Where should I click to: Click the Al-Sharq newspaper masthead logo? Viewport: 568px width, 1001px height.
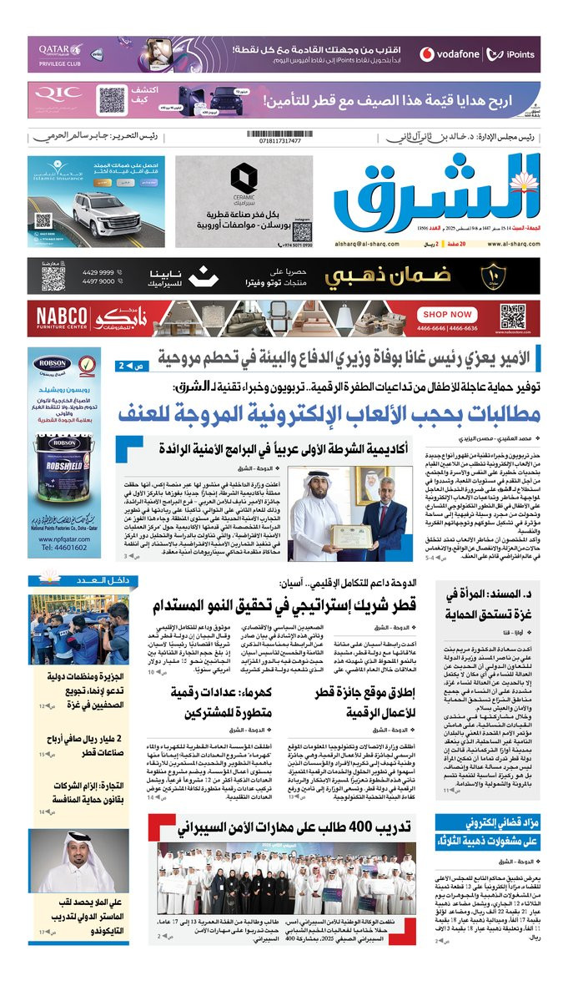(435, 196)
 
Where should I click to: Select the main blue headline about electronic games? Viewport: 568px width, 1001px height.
(328, 414)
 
